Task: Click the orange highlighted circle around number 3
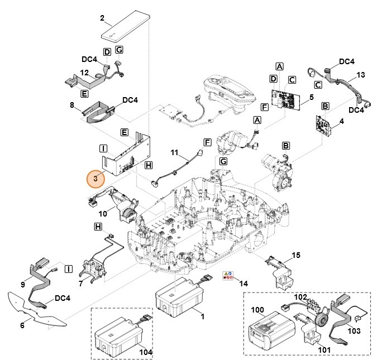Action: pos(96,179)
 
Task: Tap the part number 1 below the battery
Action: pos(202,316)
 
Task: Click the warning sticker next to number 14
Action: pos(228,276)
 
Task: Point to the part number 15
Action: pos(297,255)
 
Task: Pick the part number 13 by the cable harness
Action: pos(360,75)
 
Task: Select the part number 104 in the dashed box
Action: pos(146,353)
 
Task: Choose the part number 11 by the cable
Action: pos(174,152)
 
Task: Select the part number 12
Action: pos(84,73)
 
